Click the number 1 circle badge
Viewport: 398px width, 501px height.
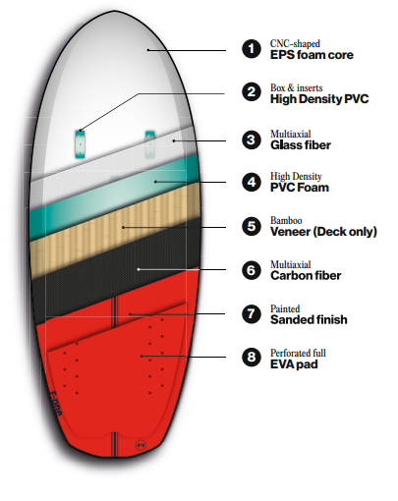point(252,49)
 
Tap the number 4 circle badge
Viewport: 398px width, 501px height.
point(252,182)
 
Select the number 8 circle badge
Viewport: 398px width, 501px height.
point(252,357)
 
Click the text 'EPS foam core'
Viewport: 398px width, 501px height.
point(312,55)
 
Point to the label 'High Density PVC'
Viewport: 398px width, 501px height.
point(319,99)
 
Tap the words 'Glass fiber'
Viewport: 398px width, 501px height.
point(301,145)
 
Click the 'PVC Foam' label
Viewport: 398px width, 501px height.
point(300,188)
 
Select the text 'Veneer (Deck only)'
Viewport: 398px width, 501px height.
point(323,232)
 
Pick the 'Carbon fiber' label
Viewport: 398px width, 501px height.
point(306,276)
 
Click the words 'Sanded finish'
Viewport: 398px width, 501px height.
point(309,319)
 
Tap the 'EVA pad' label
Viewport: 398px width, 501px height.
point(294,364)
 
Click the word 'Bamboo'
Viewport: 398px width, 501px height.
point(286,220)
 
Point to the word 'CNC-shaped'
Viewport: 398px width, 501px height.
point(295,44)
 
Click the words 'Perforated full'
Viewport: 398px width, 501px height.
point(298,353)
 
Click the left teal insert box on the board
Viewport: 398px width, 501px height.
point(80,144)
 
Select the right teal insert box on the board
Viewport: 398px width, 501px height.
point(149,144)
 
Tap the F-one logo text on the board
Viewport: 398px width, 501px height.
point(55,404)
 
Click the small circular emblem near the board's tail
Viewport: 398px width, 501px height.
point(141,445)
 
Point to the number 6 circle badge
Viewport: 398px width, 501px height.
point(252,270)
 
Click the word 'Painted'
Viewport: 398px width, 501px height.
point(285,308)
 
